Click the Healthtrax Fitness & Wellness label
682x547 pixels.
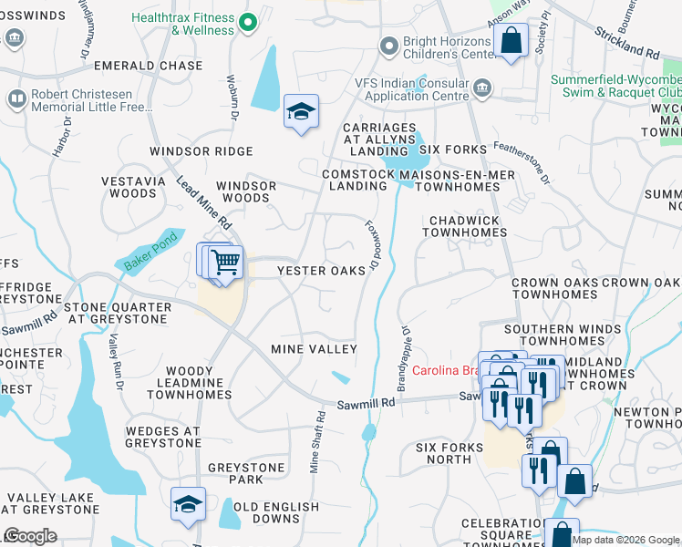[x=182, y=24]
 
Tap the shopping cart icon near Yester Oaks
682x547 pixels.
[x=224, y=262]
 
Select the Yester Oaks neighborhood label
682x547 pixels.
[x=321, y=271]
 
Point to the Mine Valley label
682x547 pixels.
[x=314, y=349]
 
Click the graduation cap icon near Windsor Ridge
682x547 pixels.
[x=301, y=112]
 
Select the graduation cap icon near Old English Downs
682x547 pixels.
[x=188, y=504]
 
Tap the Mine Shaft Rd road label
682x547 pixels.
[x=316, y=442]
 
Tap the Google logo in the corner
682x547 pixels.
[x=30, y=536]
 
